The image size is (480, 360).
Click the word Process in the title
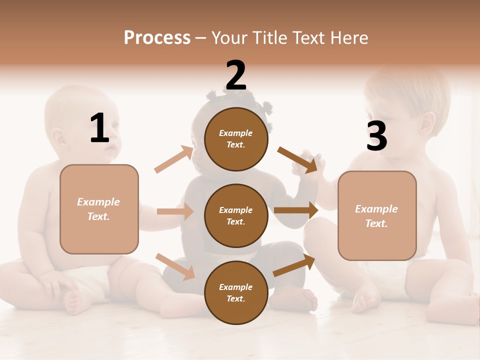(157, 38)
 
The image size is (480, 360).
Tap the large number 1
(99, 128)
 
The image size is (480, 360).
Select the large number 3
(376, 136)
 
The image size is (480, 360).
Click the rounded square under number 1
(99, 209)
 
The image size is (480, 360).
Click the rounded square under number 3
(377, 216)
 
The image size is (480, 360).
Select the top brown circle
(236, 139)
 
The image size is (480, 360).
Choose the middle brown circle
(236, 215)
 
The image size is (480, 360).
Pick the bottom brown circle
(236, 292)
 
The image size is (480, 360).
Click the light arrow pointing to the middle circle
(175, 211)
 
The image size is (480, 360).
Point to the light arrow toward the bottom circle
(175, 266)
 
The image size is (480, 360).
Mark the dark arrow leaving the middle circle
(296, 210)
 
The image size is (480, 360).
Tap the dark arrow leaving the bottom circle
(294, 265)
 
